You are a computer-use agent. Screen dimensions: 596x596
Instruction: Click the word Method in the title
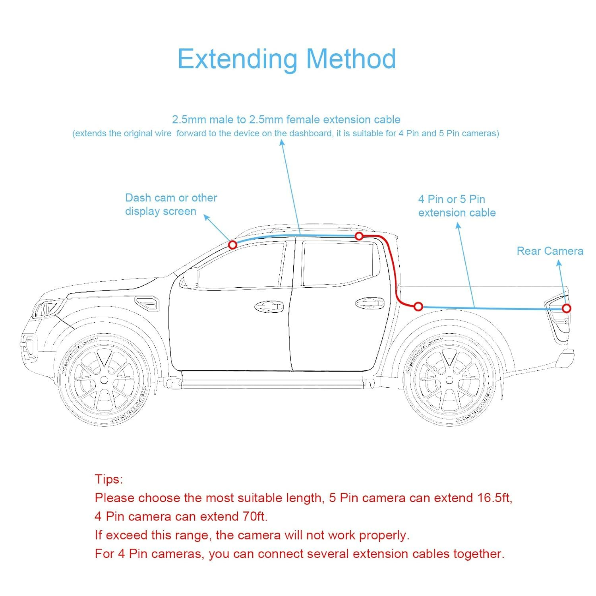[x=351, y=59]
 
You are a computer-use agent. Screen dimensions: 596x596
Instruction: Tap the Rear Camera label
[x=550, y=251]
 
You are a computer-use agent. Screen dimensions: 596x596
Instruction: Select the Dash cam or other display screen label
[x=171, y=204]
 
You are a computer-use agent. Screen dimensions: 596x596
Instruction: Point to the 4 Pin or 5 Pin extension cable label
[x=457, y=206]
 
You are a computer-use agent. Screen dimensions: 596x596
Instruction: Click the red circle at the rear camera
[x=567, y=308]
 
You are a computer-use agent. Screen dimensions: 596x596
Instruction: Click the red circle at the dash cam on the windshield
[x=233, y=245]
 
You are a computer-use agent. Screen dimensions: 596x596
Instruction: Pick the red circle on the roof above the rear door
[x=359, y=236]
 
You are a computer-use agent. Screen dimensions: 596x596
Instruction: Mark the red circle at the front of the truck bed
[x=418, y=306]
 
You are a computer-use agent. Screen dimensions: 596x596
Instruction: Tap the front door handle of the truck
[x=269, y=306]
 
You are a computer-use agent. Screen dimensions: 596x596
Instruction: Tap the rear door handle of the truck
[x=370, y=304]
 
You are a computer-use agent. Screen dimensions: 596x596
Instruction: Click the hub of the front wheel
[x=104, y=380]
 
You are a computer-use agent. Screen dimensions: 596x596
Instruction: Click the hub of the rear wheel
[x=449, y=380]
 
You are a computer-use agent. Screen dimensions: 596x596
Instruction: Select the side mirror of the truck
[x=190, y=277]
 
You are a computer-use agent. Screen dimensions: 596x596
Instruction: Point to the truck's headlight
[x=46, y=309]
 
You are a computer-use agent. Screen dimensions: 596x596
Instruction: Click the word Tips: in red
[x=109, y=479]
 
